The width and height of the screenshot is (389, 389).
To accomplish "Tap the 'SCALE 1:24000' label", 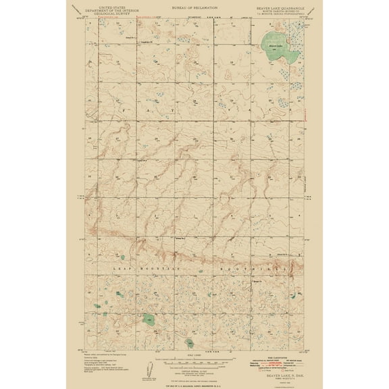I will [194, 352].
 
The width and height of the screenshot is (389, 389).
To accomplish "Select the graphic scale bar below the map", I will [194, 357].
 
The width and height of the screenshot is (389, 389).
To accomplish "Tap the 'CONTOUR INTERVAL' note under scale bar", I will [194, 363].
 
